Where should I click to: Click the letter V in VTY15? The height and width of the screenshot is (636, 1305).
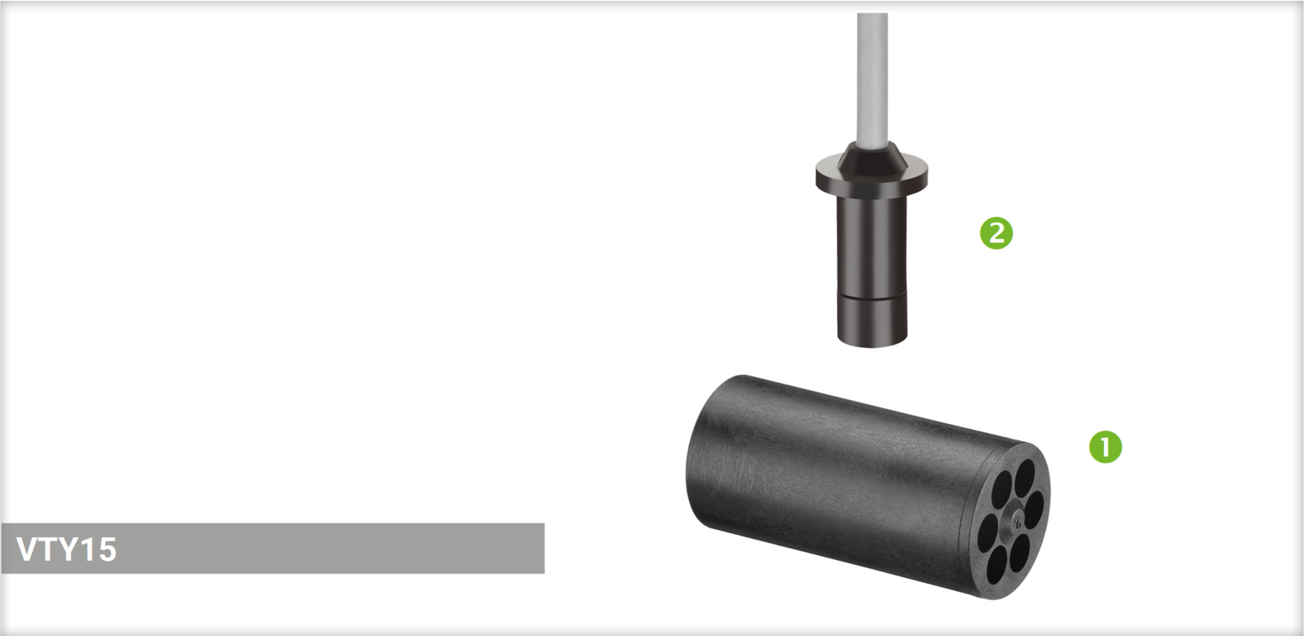[26, 549]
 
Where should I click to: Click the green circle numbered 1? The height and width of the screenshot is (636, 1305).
[1105, 447]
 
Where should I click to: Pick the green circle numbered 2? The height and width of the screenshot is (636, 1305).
[996, 233]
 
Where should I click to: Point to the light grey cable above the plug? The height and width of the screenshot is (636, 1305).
[872, 78]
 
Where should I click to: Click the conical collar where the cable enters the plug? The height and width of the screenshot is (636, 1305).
[872, 156]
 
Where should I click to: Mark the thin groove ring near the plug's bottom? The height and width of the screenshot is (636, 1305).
[872, 294]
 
